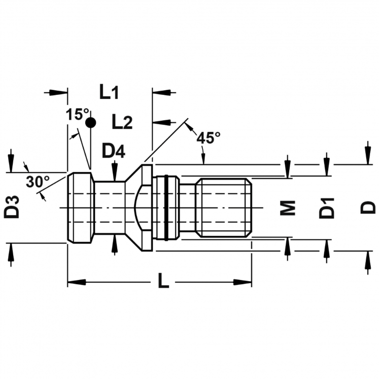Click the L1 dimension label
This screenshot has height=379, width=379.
[109, 92]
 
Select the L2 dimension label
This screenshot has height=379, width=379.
[122, 122]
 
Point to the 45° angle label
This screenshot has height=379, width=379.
[209, 137]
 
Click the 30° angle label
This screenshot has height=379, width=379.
[38, 182]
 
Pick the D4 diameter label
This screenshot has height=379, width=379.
[114, 151]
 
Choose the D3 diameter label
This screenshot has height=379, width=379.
[12, 207]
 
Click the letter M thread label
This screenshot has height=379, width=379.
[288, 208]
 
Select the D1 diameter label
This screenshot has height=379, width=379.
[327, 208]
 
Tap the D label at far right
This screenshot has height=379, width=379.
[368, 208]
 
